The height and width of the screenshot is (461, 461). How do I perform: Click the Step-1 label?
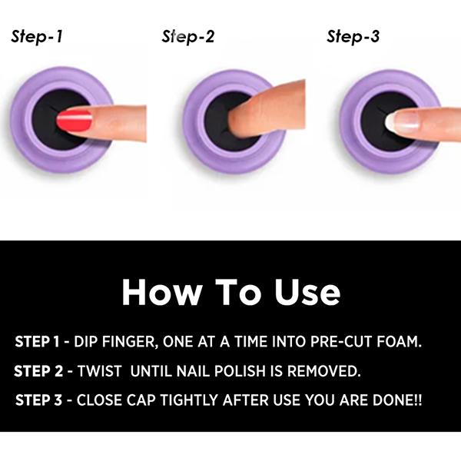coord(37,37)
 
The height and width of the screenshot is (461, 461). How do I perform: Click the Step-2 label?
coord(188,37)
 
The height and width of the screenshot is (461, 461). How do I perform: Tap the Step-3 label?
coord(353,37)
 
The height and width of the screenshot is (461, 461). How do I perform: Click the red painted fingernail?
coord(74,121)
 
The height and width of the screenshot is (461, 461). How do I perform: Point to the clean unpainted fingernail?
coord(402,121)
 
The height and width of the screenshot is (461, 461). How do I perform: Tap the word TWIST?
coord(99,371)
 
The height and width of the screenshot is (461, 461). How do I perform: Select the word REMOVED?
coord(323,371)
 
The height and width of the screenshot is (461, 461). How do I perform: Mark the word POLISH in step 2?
coord(240,371)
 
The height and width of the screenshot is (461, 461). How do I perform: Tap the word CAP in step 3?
coord(141,400)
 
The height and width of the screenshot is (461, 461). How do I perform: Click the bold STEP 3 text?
coord(38,400)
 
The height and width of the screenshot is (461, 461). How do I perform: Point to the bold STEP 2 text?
coord(38,371)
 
